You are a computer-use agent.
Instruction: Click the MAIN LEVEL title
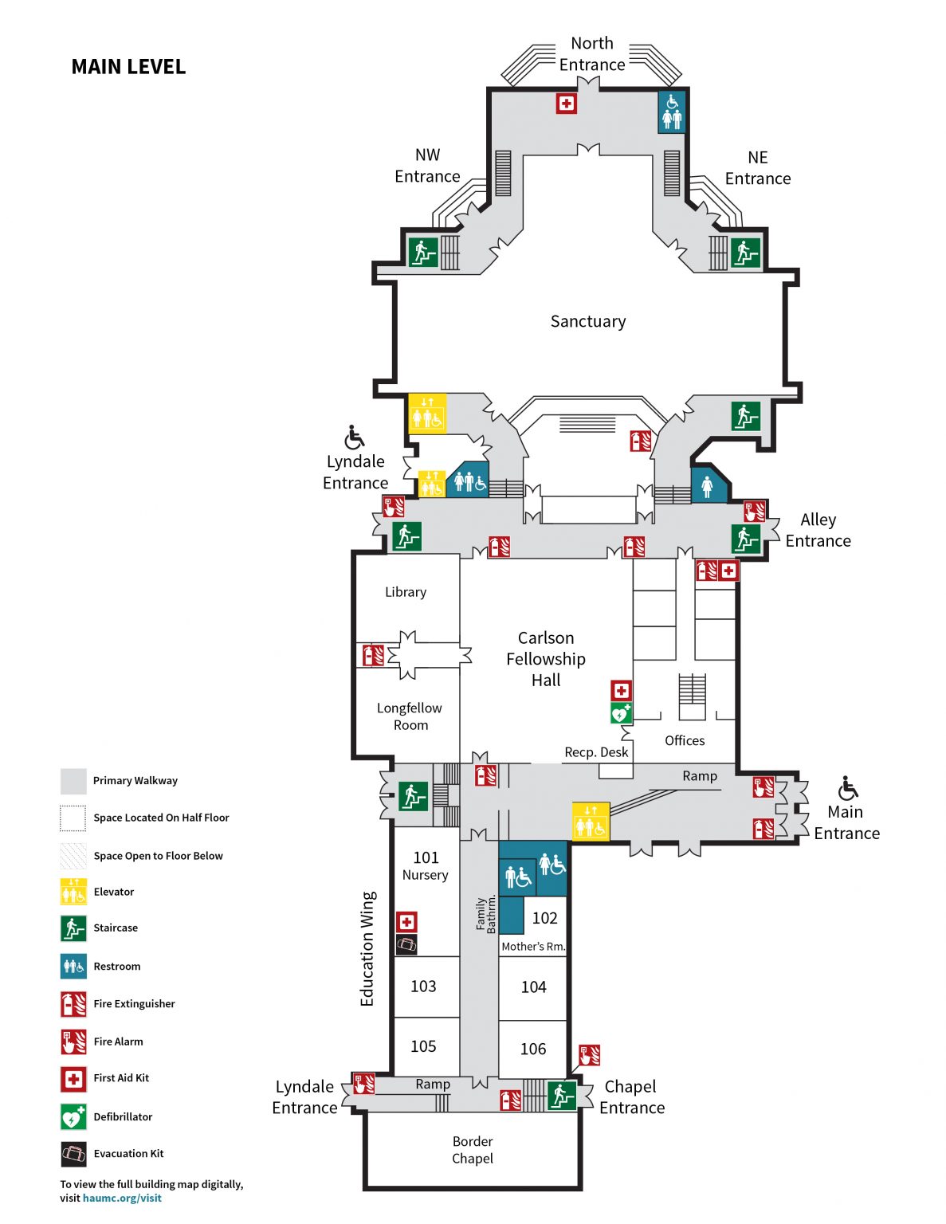tap(128, 67)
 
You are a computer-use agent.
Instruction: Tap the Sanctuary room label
tap(588, 321)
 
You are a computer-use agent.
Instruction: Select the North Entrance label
tap(592, 54)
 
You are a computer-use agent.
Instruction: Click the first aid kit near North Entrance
tap(566, 104)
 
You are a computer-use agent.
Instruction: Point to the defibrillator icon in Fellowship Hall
tap(621, 713)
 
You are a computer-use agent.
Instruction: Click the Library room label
tap(406, 592)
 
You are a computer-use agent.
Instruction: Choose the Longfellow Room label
tap(410, 716)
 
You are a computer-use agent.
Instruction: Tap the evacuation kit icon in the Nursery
tap(406, 945)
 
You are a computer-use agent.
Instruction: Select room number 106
tap(533, 1049)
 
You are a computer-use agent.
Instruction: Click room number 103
tap(423, 987)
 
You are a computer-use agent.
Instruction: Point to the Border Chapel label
tap(473, 1150)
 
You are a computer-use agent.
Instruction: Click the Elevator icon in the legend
tap(73, 892)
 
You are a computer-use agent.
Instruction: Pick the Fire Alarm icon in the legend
tap(73, 1042)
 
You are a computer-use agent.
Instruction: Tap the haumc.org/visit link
tap(122, 1198)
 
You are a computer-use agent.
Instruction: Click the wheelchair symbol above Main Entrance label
tap(848, 789)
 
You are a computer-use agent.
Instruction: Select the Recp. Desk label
tap(596, 752)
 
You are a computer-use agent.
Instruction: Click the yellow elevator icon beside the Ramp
tap(591, 822)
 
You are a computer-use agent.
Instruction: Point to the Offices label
tap(685, 740)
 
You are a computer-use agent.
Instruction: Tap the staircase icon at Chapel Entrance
tap(562, 1095)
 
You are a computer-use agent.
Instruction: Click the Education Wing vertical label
tap(367, 948)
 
